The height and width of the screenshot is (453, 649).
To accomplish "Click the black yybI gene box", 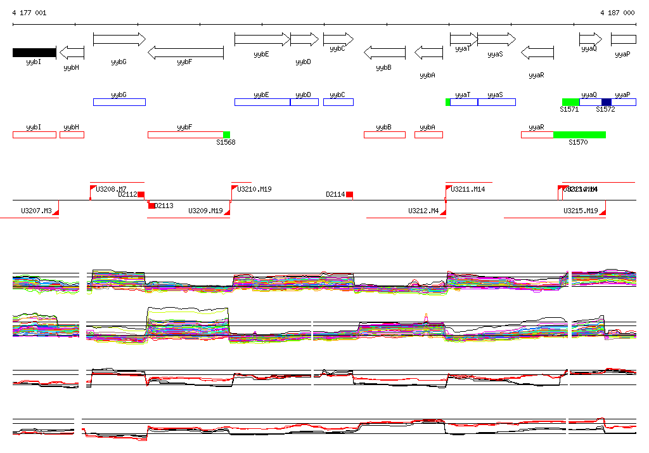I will point(34,53).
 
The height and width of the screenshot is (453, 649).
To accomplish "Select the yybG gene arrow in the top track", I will point(119,39).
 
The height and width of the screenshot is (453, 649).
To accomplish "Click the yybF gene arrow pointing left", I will point(185,53).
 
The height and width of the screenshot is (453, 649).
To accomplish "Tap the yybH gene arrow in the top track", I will point(72,53).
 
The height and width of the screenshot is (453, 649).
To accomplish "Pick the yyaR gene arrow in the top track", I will point(537,53).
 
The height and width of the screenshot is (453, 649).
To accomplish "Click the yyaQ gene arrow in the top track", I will point(590,39).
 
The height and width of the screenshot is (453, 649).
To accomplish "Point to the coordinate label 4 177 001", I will point(29,13).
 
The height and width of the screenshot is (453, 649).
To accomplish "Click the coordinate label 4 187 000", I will point(617,13).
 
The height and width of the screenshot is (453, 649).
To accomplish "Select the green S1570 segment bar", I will point(579,135).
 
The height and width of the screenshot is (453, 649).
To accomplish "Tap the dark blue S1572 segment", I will point(607,102).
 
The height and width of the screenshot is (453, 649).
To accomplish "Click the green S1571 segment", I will point(570,102).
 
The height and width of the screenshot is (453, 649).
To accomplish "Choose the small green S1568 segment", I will point(226,135).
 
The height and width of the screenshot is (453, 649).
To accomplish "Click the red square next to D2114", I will point(349,195).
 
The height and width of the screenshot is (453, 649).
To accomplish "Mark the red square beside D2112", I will point(141,195).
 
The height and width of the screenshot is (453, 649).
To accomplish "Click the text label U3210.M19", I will point(254,189).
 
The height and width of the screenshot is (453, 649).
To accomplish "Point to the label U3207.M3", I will point(36,211).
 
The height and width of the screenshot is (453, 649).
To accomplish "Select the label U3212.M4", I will point(423,211).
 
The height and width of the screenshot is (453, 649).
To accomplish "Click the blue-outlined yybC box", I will point(338,102).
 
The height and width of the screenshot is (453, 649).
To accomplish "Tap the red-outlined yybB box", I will point(384,135).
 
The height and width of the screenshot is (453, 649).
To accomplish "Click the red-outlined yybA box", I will point(428,135).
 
